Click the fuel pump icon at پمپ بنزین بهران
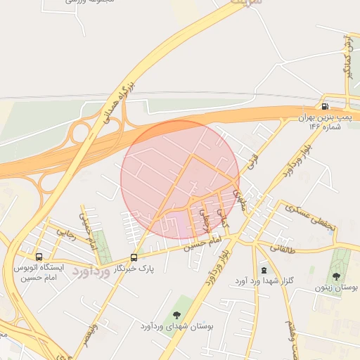pyautogui.click(x=325, y=107)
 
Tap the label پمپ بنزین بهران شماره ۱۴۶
pyautogui.click(x=324, y=122)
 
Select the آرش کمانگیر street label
pyautogui.click(x=346, y=56)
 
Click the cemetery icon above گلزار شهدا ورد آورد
pyautogui.click(x=264, y=270)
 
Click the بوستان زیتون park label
pyautogui.click(x=337, y=288)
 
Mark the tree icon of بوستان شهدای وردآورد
pyautogui.click(x=176, y=314)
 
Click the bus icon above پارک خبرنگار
pyautogui.click(x=134, y=257)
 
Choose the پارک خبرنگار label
pyautogui.click(x=136, y=269)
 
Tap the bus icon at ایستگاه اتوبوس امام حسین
pyautogui.click(x=39, y=257)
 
